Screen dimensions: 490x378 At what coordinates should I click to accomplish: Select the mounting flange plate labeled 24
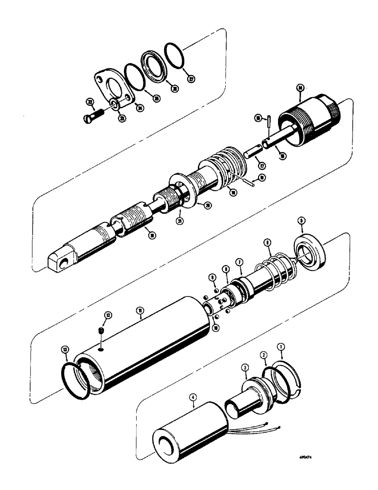coord(113,88)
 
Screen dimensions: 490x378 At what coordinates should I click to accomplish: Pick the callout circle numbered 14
coord(301,88)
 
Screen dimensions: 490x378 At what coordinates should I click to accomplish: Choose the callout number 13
coord(65,349)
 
